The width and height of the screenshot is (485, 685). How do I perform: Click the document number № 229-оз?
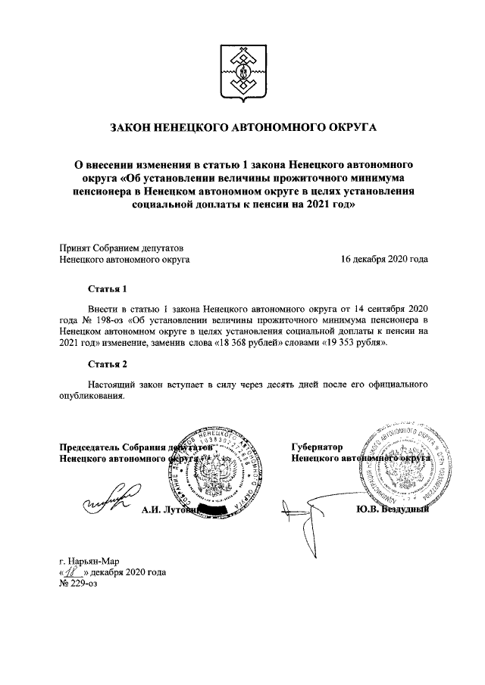pyautogui.click(x=81, y=584)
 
